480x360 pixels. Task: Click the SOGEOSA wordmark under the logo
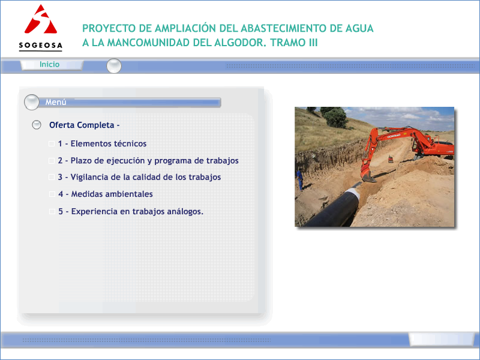point(40,46)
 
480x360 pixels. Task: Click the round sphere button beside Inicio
point(114,66)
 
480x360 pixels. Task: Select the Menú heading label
point(56,102)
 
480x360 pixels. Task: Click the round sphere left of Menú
point(32,102)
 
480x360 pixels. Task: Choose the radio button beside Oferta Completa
point(37,125)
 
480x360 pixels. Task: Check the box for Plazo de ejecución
point(52,161)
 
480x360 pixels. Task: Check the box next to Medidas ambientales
point(52,194)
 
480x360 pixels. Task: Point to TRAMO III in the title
point(294,43)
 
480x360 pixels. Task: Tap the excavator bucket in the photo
point(368,176)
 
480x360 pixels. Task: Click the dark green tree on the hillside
point(336,118)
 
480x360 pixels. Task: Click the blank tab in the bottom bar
point(442,339)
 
